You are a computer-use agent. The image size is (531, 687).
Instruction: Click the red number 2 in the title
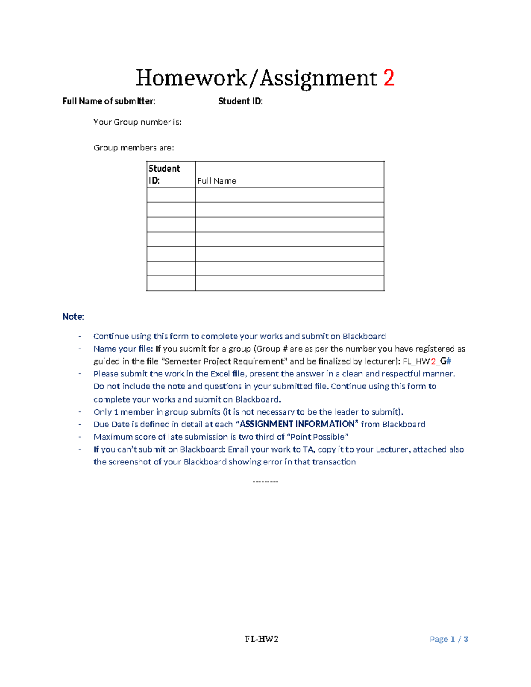(x=389, y=78)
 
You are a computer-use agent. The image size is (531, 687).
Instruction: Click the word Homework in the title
(x=191, y=78)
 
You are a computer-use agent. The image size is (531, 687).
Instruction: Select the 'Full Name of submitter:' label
(x=109, y=101)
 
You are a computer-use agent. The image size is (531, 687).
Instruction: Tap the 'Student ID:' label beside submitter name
(x=240, y=101)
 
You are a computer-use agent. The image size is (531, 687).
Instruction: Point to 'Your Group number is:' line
(x=137, y=122)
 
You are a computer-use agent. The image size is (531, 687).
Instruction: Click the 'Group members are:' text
(x=134, y=148)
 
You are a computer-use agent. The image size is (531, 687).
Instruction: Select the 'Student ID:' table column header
(x=164, y=174)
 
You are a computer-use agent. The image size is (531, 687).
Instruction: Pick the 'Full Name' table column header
(x=216, y=181)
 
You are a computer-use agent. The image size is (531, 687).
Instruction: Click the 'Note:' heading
(x=73, y=317)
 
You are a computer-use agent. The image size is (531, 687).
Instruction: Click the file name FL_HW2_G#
(x=427, y=361)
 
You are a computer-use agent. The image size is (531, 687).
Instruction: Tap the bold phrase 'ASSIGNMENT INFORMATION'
(x=297, y=424)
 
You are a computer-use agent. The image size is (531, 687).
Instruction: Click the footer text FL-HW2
(x=262, y=639)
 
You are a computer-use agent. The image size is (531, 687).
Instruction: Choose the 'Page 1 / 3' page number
(x=449, y=639)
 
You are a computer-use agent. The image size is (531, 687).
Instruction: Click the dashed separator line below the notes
(x=265, y=482)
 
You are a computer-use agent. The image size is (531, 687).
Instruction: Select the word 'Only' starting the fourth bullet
(x=103, y=412)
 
